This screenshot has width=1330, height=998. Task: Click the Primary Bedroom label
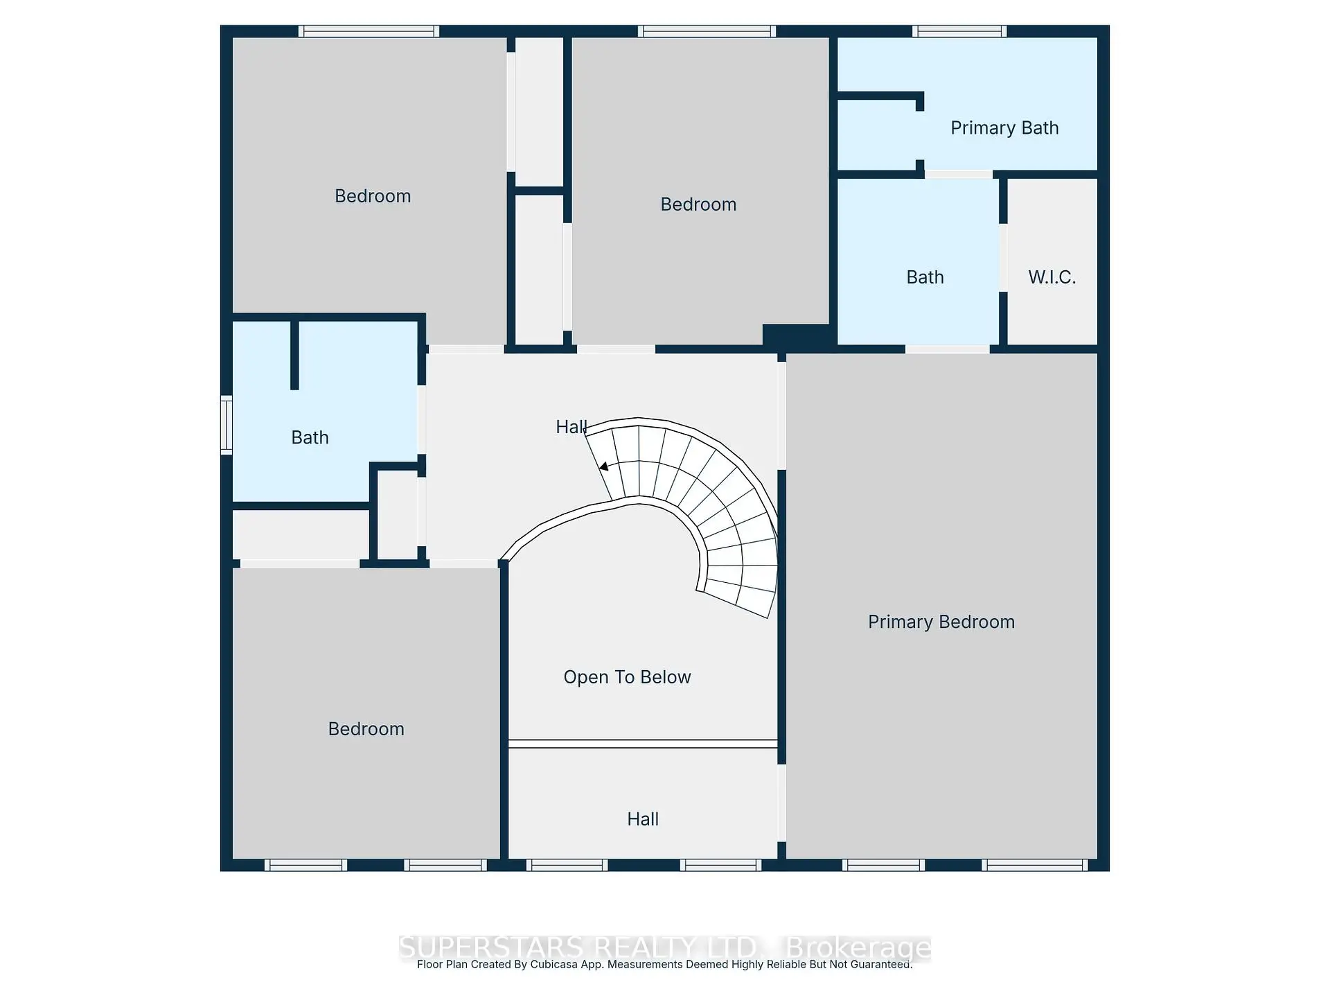[x=941, y=622]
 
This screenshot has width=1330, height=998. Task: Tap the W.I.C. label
[x=1052, y=277]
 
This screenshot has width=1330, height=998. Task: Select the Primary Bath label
[x=1004, y=128]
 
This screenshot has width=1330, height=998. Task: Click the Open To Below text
[x=627, y=677]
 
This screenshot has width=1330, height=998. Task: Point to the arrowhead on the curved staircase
[x=604, y=466]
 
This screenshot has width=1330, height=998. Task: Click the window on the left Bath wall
[x=226, y=424]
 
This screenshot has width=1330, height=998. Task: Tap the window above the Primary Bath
[x=959, y=31]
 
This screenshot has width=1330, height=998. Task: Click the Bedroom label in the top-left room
[x=373, y=196]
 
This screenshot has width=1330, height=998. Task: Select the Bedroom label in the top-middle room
[x=698, y=204]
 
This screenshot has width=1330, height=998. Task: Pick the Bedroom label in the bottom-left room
[x=366, y=729]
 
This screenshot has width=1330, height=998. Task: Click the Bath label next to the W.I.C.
[x=925, y=277]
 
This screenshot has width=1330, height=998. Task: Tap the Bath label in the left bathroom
[x=310, y=437]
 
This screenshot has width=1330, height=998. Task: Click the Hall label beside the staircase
[x=571, y=427]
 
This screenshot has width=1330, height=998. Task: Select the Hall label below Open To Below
[x=642, y=819]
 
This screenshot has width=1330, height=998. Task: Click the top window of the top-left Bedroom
[x=369, y=31]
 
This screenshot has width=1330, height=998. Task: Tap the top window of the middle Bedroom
[x=705, y=31]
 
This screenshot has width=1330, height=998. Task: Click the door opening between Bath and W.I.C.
[x=1003, y=258]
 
